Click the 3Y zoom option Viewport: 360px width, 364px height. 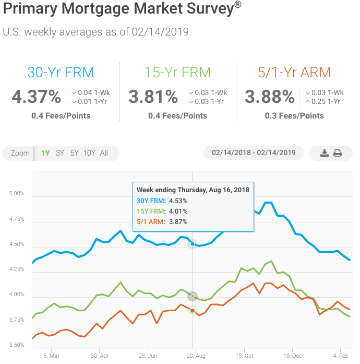[60, 153]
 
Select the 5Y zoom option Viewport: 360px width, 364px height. [74, 153]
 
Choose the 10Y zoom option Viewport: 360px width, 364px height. [89, 153]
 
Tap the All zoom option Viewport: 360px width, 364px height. [104, 153]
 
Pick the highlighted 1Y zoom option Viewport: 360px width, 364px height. [45, 153]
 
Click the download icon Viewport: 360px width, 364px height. [324, 153]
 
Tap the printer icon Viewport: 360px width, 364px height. [338, 153]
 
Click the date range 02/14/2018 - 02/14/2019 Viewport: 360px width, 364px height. [254, 152]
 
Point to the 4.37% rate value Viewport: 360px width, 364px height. [36, 97]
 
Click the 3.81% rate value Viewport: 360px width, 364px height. [153, 97]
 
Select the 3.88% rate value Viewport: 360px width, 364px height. [270, 97]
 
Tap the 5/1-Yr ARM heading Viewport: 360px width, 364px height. [294, 72]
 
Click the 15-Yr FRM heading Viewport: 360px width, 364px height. [177, 72]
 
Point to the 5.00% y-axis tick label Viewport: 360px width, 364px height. [17, 194]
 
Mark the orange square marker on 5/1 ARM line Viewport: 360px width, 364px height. [193, 311]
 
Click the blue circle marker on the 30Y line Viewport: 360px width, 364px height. [193, 244]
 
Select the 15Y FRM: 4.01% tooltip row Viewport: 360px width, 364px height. [162, 211]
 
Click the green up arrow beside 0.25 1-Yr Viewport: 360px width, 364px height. [308, 101]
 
